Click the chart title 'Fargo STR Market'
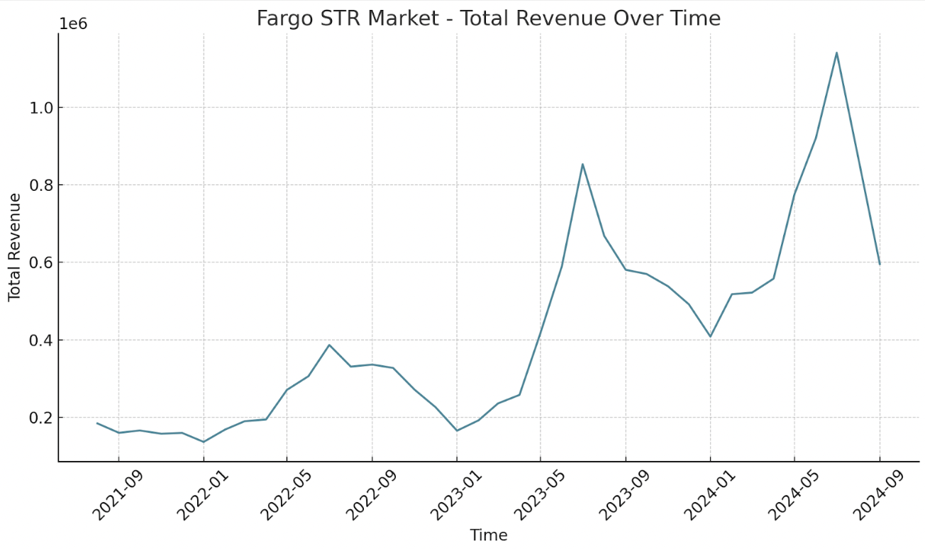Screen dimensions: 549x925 tap(488, 18)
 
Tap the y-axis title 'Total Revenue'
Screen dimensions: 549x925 tap(15, 247)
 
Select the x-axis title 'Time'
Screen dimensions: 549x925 tap(488, 535)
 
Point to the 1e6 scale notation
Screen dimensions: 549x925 tap(72, 23)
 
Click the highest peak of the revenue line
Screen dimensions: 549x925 tap(837, 52)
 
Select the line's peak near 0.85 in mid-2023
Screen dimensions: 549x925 tap(582, 165)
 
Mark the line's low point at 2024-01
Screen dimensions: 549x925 tap(710, 337)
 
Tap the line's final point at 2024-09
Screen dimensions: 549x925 tap(880, 264)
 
